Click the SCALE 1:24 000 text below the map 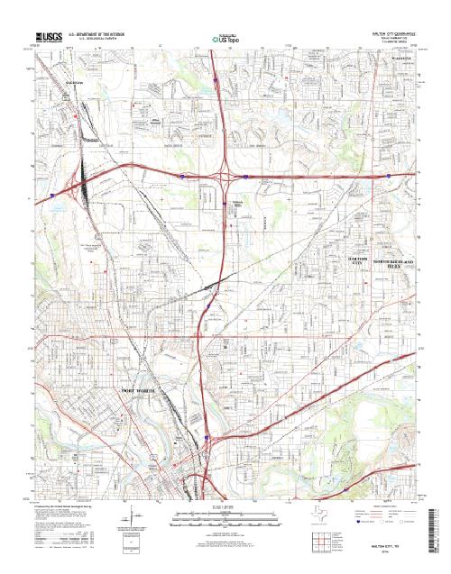coord(225,510)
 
